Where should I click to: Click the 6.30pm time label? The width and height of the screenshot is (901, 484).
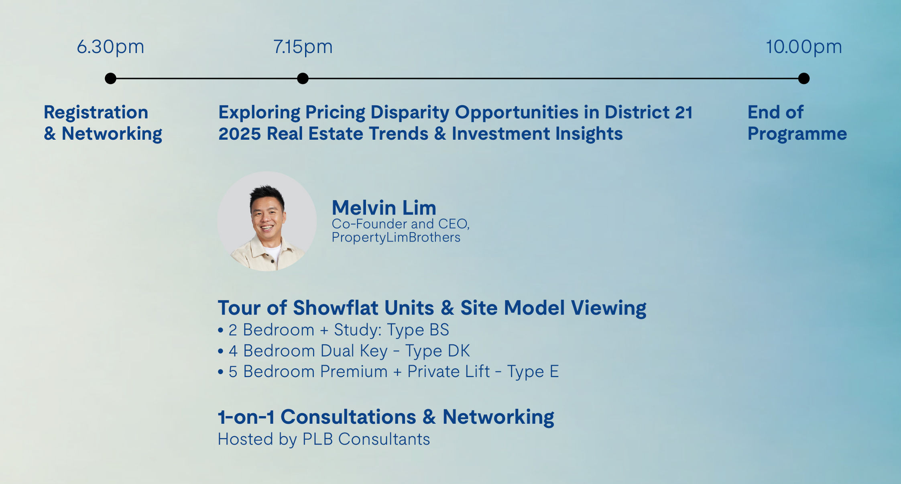tap(110, 47)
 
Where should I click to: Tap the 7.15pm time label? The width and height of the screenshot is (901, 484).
tap(303, 47)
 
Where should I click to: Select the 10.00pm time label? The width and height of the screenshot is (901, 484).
tap(804, 47)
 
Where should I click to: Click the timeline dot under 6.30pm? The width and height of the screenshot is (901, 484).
tap(110, 78)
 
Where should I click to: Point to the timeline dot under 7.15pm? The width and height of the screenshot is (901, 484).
tap(303, 78)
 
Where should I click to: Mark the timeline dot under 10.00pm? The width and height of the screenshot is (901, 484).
tap(804, 78)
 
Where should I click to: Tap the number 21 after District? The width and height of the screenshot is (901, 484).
tap(683, 112)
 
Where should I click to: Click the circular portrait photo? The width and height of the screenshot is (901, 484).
tap(267, 221)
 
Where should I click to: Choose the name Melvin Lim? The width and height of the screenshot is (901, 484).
tap(384, 208)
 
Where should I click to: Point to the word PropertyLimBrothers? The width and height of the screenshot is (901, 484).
tap(396, 237)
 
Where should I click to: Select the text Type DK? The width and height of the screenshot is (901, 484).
tap(437, 351)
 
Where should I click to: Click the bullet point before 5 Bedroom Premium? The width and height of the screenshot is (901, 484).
tap(220, 372)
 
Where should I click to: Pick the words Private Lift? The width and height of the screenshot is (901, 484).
tap(449, 372)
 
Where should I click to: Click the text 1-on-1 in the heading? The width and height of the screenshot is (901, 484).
tap(246, 417)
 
